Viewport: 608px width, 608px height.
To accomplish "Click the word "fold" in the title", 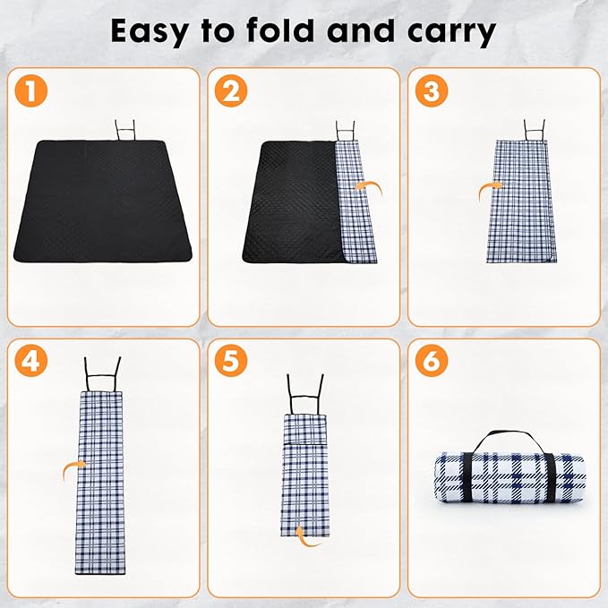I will (x=298, y=31).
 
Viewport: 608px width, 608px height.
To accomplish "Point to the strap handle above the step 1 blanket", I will (x=124, y=128).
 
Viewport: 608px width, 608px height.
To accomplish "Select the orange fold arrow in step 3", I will (x=488, y=188).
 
